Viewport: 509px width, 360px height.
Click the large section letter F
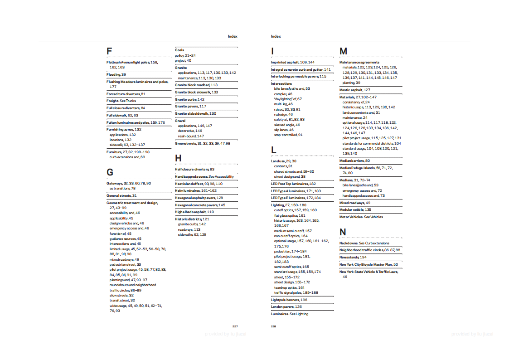point(109,51)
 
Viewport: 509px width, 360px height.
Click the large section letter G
point(110,172)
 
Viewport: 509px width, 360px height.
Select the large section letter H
point(178,158)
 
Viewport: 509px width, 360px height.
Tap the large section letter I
point(272,51)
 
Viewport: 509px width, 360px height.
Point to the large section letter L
point(273,150)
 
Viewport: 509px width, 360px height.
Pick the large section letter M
point(343,51)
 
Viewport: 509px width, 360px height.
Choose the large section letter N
point(343,232)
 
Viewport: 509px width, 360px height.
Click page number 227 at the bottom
point(235,326)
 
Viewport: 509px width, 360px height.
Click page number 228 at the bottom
point(273,326)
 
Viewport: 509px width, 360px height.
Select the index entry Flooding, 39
point(116,74)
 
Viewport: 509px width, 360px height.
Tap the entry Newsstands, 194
point(353,257)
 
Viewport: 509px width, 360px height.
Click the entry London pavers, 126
point(286,307)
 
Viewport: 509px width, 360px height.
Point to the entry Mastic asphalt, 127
point(355,90)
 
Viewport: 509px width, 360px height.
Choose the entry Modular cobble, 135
point(355,210)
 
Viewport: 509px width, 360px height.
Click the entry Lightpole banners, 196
point(289,300)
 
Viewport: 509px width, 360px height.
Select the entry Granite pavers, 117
point(190,107)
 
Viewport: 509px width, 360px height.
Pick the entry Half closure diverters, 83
point(194,169)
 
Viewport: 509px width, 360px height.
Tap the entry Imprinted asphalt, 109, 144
point(292,62)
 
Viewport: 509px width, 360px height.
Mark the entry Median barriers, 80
point(354,161)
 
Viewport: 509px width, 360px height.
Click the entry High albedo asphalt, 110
point(194,212)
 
